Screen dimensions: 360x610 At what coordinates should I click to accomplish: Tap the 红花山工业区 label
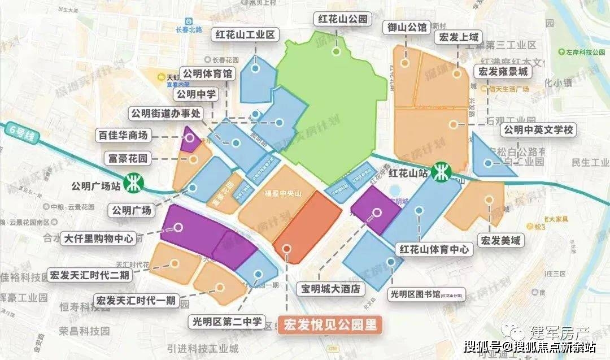point(245,34)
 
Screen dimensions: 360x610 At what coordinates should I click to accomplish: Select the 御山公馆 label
point(406,26)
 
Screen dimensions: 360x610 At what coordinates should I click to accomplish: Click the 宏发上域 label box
point(457,38)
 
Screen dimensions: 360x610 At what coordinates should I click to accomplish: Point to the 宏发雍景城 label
point(502,72)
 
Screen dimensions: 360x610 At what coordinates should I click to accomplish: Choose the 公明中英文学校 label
point(538,130)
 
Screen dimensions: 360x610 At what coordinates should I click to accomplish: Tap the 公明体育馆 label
point(207,73)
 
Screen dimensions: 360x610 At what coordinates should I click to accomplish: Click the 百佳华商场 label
point(123,136)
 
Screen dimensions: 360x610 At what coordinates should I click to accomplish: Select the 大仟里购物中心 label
point(99,238)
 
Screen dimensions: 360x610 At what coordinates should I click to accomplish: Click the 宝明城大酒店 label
point(330,289)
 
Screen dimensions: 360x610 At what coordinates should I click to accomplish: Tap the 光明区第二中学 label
point(225,322)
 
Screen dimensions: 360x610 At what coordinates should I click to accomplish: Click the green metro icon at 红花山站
point(441,171)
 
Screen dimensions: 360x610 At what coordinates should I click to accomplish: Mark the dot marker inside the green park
point(336,52)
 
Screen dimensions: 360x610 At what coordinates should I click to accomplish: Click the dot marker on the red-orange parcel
point(287,248)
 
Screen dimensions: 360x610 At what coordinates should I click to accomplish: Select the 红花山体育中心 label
point(434,249)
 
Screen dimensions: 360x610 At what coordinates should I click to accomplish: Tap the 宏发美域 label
point(500,241)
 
